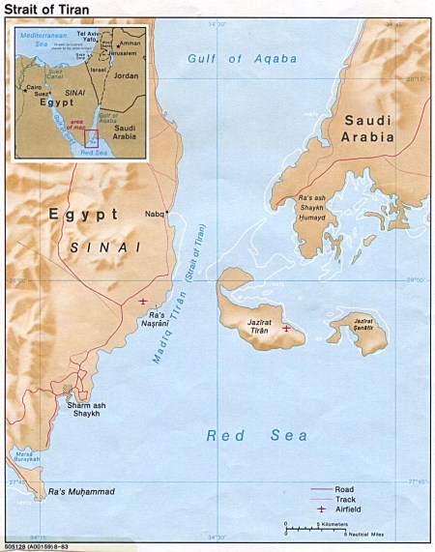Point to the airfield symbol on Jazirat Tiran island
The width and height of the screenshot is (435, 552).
pos(285,330)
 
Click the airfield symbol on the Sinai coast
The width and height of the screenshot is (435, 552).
pos(143,302)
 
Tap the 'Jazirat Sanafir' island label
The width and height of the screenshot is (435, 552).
pos(363,326)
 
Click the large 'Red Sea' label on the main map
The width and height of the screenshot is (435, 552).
pos(256,436)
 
